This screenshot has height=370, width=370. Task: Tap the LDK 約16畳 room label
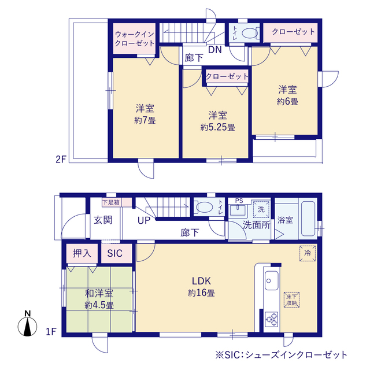point(201,287)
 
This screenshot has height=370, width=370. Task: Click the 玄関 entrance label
point(103,220)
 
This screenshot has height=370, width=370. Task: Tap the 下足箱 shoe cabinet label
point(111,202)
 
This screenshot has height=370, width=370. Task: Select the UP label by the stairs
point(145,220)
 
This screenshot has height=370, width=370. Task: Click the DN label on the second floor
point(214,50)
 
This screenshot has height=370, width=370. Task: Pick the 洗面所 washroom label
point(256,225)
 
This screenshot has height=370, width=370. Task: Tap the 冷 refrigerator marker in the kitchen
point(308,253)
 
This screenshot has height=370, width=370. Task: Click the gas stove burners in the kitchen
point(271,319)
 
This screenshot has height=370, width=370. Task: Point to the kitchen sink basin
point(271,281)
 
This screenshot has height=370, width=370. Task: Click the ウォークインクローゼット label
point(134,39)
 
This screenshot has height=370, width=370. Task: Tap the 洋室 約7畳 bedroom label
point(145,114)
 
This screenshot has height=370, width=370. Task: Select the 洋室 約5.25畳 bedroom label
point(217,121)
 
